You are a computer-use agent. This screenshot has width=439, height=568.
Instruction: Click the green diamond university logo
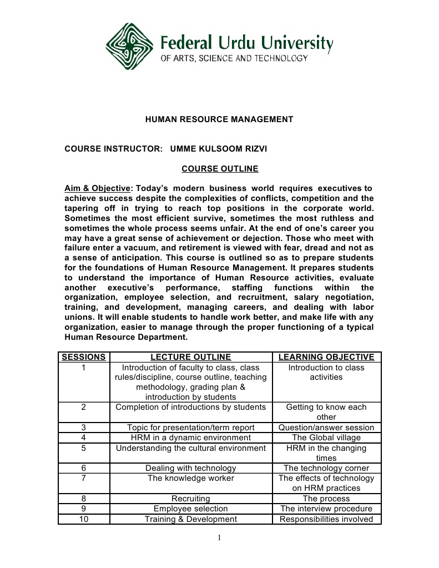point(131,47)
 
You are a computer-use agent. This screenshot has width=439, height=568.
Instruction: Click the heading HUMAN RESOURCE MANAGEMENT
point(219,119)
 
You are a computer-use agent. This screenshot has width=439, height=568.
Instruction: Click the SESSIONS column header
point(83,357)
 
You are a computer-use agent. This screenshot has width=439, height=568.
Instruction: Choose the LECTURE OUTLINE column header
point(190,357)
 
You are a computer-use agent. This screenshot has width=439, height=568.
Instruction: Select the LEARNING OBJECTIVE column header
point(326,357)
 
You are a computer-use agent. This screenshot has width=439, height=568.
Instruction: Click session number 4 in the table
point(83,438)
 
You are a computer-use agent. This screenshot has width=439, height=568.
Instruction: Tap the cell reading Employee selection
point(190,509)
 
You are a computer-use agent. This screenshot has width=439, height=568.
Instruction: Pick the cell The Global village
point(326,438)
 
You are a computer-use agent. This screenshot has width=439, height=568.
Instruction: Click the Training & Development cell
point(190,519)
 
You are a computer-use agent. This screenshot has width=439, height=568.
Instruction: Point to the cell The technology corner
point(326,468)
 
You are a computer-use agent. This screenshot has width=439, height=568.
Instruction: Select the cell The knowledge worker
point(190,478)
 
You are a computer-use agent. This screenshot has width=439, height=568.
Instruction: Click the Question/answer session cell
point(326,428)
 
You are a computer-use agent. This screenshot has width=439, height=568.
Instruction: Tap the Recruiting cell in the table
point(190,499)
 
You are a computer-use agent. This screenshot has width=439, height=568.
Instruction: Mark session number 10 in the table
point(83,519)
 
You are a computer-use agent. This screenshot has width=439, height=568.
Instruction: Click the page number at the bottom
point(219,537)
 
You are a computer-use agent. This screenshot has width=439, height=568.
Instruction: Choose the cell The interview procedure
point(326,509)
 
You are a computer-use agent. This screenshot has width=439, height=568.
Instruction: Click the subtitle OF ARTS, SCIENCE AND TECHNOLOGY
point(234,58)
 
